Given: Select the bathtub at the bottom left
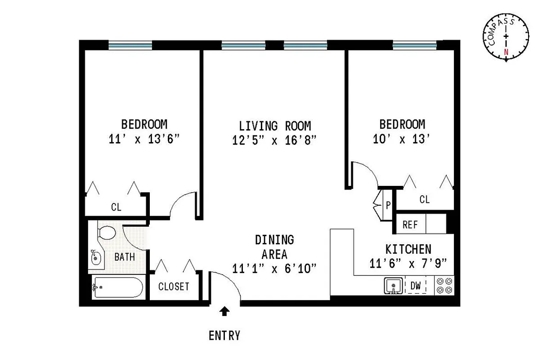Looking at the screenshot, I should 117,288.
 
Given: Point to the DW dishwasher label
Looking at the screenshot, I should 415,285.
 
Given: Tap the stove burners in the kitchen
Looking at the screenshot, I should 444,286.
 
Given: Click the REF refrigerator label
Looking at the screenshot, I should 410,225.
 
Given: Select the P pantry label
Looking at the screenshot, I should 388,206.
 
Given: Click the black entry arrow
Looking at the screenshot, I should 224,310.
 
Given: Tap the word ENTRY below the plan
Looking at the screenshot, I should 224,335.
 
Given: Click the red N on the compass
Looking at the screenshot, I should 506,52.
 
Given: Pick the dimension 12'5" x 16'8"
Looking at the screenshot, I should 275,140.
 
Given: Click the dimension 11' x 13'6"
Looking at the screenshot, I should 144,139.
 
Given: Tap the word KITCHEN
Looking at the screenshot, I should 408,249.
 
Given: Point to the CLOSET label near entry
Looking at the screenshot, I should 174,287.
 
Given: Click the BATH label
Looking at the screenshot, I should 124,257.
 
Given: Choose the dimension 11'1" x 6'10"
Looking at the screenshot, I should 275,268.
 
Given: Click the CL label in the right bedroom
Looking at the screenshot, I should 424,199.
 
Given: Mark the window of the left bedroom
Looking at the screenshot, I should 130,45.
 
